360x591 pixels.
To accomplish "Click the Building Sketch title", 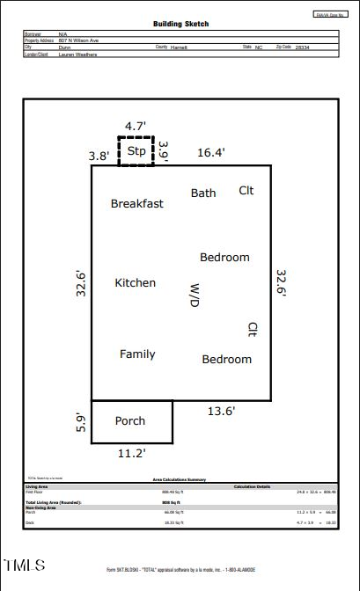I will point(181,25).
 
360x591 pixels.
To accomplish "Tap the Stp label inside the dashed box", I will point(136,151).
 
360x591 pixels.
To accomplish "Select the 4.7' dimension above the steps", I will point(135,127).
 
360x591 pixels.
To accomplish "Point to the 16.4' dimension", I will point(210,152).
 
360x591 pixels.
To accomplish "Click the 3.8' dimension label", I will point(99,156).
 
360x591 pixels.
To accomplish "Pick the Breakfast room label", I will point(136,204).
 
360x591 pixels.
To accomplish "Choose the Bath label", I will point(203,193).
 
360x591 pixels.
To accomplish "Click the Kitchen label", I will point(136,283).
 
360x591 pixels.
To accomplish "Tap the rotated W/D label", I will point(195,295).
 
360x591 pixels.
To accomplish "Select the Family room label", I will point(137,354).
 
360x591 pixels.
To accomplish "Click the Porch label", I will point(130,421).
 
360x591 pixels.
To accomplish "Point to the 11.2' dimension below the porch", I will point(131,454).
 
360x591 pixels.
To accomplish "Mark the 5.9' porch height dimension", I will point(80,422).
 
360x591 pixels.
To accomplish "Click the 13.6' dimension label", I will point(220,411).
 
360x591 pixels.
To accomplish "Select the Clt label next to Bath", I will point(246,191).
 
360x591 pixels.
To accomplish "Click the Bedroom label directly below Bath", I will point(224,258).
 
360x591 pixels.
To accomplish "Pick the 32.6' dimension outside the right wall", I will point(282,282).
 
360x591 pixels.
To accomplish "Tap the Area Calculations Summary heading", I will point(180,479).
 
